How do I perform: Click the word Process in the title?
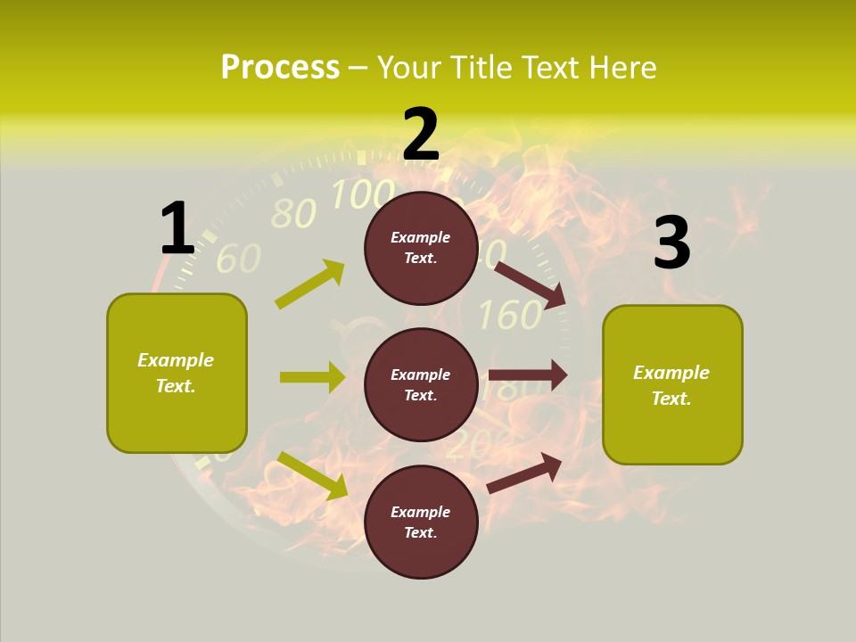click(x=280, y=67)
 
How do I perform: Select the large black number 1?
click(x=177, y=228)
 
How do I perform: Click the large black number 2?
click(x=421, y=135)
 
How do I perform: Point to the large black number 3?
click(x=671, y=243)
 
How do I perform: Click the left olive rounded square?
click(x=177, y=373)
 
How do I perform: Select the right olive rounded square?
click(x=672, y=384)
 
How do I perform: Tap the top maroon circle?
click(x=421, y=248)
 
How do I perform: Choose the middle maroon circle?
click(x=421, y=384)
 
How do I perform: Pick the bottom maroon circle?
click(x=421, y=522)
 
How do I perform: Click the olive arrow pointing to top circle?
click(x=310, y=284)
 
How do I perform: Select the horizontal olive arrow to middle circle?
click(x=312, y=377)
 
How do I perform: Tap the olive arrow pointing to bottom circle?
click(x=313, y=475)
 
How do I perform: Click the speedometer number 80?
click(x=292, y=214)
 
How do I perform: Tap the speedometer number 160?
click(x=509, y=315)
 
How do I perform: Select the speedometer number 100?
click(x=363, y=193)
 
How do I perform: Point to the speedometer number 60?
click(x=238, y=258)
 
